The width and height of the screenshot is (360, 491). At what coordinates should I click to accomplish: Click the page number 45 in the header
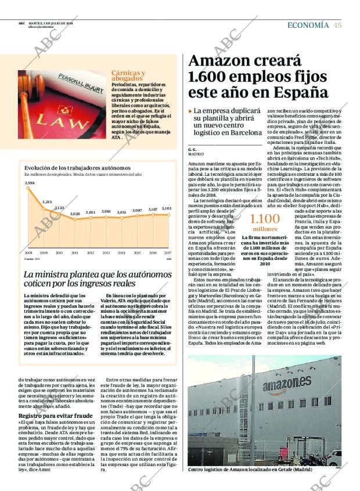click(x=337, y=25)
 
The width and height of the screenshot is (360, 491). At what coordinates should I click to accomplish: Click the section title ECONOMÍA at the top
click(x=309, y=25)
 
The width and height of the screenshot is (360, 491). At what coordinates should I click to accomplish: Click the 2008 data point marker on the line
click(x=28, y=189)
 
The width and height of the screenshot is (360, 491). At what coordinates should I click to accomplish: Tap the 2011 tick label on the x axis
click(x=75, y=253)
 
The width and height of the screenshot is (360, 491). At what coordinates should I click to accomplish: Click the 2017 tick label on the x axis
click(x=168, y=253)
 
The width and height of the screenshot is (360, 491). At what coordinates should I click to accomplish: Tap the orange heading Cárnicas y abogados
click(x=128, y=75)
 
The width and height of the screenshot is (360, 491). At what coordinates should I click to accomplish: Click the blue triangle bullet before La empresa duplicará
click(x=190, y=110)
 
